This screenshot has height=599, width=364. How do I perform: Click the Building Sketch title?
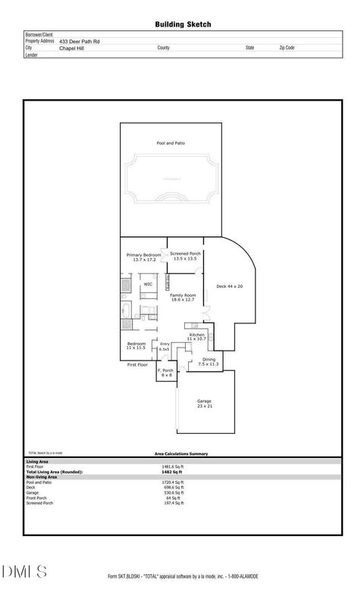point(182,25)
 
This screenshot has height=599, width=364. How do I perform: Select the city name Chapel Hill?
point(72,47)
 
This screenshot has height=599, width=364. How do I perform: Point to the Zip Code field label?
point(287,47)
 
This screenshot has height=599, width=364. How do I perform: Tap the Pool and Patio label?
point(171,143)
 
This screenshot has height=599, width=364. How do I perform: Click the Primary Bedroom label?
point(144,255)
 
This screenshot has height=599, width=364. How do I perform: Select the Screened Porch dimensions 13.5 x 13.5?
point(185,259)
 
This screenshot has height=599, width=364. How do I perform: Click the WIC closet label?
point(148,285)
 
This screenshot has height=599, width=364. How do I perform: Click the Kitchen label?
point(197,334)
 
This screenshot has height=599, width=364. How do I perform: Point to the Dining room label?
point(209,359)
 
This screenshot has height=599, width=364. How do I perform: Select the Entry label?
point(165,345)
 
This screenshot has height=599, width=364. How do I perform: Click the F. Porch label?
point(166,370)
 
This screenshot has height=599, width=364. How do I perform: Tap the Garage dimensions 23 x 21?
point(204,405)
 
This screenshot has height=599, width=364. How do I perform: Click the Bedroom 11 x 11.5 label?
point(136,348)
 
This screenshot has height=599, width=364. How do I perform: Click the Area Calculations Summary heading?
point(181,454)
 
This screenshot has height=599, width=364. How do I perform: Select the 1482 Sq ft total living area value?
point(172,472)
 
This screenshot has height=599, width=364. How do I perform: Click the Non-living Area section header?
point(41,476)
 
